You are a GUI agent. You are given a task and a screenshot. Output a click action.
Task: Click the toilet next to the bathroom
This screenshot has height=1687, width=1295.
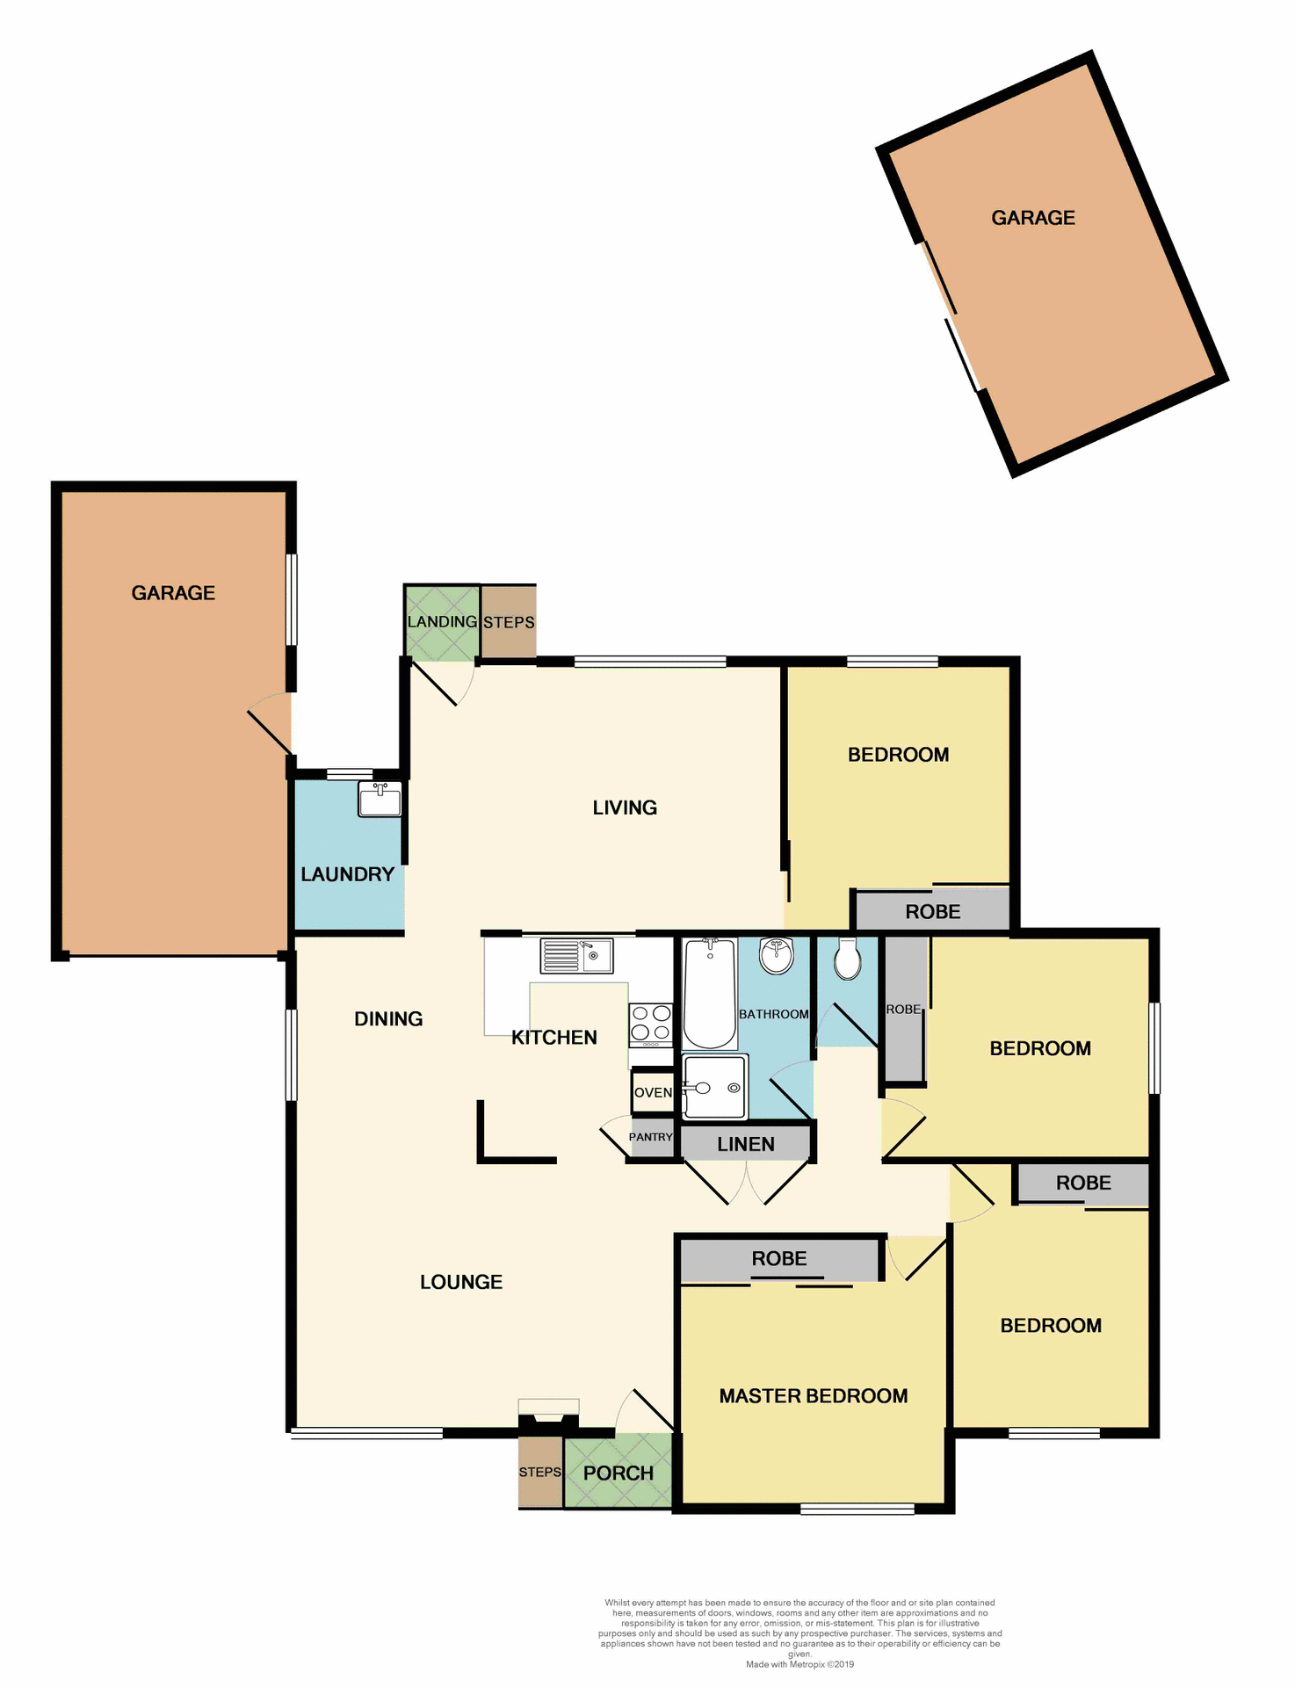847,959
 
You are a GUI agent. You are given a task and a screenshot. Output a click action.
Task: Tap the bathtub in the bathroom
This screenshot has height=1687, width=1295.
709,994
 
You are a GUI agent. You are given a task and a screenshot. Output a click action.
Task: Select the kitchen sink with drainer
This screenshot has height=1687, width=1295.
576,956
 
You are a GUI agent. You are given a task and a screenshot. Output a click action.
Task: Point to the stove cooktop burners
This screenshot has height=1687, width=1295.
651,1025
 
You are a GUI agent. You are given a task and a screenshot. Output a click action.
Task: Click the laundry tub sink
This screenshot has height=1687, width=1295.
380,800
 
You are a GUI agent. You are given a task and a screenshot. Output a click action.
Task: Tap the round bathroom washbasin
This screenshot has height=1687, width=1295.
777,957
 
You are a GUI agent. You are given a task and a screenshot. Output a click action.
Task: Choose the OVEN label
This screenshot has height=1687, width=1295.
653,1092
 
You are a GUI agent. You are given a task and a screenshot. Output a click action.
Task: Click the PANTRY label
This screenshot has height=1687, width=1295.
650,1137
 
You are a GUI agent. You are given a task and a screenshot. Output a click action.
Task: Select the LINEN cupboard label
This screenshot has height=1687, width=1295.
745,1144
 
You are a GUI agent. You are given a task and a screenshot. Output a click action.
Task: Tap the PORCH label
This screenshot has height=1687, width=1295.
619,1473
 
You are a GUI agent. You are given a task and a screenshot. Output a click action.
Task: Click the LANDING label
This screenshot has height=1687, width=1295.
442,622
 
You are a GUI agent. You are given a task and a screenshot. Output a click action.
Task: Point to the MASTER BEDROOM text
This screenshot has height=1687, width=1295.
814,1396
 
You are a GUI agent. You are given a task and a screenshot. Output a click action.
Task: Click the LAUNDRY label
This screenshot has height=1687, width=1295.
347,874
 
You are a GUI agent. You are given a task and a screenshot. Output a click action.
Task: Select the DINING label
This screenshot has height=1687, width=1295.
388,1019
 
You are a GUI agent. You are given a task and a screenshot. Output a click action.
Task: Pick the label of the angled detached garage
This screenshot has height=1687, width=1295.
1033,218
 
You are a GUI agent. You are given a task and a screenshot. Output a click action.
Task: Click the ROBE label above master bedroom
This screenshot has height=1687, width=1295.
779,1258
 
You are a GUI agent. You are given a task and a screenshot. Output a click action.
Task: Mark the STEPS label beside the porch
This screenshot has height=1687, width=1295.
539,1472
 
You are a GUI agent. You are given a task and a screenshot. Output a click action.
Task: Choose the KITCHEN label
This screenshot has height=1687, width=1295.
554,1038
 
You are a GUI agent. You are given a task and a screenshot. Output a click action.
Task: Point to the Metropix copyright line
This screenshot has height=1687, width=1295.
799,1664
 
